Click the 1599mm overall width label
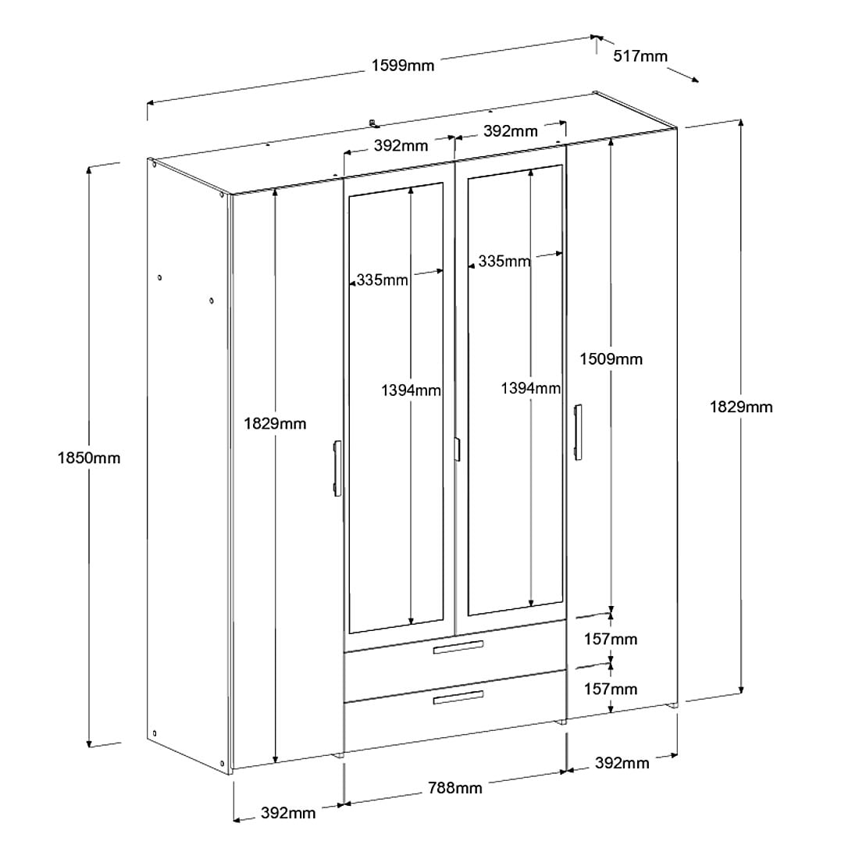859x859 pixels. [x=403, y=66]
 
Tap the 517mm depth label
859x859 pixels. [x=640, y=56]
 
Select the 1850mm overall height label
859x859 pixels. [x=89, y=458]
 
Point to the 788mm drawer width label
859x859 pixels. [x=454, y=788]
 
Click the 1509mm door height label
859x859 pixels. [x=611, y=359]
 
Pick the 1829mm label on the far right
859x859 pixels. [x=740, y=407]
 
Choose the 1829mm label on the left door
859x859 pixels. [x=274, y=423]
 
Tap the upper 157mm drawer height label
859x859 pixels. [x=611, y=639]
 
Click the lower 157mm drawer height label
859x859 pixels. [x=611, y=689]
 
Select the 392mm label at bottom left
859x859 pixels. [x=288, y=812]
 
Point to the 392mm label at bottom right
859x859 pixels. [x=622, y=763]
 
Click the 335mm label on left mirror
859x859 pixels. [x=382, y=280]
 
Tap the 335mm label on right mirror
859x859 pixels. [x=504, y=262]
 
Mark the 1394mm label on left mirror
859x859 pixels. [x=411, y=390]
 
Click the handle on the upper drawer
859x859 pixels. [x=458, y=647]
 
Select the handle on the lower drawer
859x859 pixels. [x=458, y=697]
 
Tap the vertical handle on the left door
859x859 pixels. [x=337, y=469]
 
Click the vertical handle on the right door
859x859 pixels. [x=577, y=433]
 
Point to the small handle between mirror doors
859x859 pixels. [x=457, y=449]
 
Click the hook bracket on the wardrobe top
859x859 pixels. [x=373, y=123]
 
